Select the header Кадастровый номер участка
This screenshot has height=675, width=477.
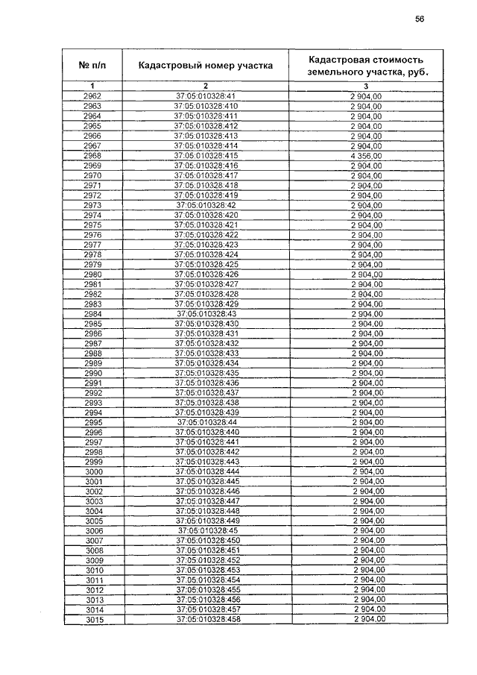click(x=206, y=66)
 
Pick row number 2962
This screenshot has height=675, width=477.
click(x=93, y=97)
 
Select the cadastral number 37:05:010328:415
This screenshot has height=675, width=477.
click(x=206, y=154)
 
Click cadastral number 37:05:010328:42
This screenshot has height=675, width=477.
click(x=206, y=204)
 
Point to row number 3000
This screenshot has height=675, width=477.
click(x=93, y=471)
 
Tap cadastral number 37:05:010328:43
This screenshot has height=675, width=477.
click(x=206, y=313)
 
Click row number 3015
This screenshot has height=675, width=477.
click(x=94, y=620)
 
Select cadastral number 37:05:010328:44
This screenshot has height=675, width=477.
click(x=206, y=422)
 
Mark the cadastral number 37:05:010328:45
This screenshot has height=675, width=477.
click(x=207, y=530)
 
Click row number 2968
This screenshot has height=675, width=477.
click(x=93, y=154)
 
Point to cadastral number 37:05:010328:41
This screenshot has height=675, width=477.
click(x=206, y=97)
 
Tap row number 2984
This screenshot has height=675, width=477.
click(x=93, y=313)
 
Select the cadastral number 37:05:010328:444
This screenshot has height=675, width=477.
click(x=206, y=471)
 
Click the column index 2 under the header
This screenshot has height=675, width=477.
click(x=206, y=87)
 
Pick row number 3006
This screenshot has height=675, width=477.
click(x=94, y=530)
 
